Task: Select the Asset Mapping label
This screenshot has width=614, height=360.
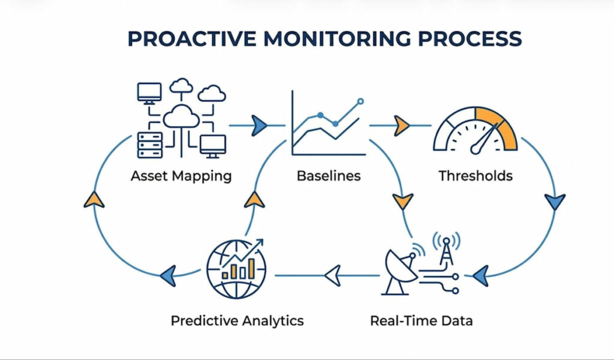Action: [182, 176]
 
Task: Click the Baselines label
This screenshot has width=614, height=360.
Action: [329, 176]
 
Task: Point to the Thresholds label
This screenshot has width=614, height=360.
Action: [475, 176]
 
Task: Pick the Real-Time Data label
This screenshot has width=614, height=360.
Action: [421, 320]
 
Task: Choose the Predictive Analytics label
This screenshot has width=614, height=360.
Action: [237, 320]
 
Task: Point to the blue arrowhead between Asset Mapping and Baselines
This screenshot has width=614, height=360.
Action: [259, 125]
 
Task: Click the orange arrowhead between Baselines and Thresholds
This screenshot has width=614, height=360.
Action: [401, 125]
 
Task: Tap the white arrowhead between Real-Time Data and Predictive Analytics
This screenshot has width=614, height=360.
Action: [332, 275]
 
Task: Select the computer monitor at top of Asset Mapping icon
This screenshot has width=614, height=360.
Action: [149, 92]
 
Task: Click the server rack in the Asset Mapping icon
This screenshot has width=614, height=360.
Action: [150, 143]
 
